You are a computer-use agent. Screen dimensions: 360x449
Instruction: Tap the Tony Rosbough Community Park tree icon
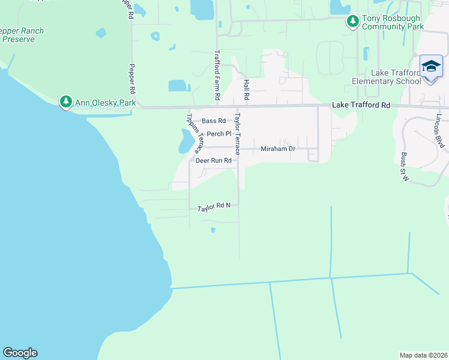pyautogui.click(x=353, y=22)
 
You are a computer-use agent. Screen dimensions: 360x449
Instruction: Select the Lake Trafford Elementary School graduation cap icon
pyautogui.click(x=431, y=66)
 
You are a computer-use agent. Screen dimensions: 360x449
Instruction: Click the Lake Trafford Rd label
pyautogui.click(x=361, y=105)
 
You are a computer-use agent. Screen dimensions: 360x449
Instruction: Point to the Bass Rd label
pyautogui.click(x=213, y=121)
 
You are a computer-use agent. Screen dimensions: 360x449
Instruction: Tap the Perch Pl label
pyautogui.click(x=219, y=134)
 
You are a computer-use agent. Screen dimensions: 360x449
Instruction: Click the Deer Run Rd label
pyautogui.click(x=213, y=161)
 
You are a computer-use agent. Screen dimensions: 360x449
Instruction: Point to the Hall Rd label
pyautogui.click(x=246, y=89)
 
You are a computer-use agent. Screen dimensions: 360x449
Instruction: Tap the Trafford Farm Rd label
pyautogui.click(x=217, y=75)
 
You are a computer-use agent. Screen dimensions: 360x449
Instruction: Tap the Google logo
pyautogui.click(x=20, y=353)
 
